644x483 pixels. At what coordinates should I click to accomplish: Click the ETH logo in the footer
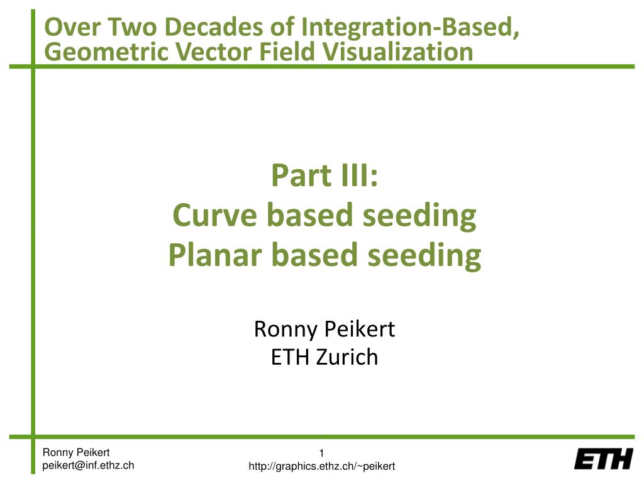point(603,459)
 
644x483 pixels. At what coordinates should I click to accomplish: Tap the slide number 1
point(321,454)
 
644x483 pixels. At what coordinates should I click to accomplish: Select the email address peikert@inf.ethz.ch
point(88,465)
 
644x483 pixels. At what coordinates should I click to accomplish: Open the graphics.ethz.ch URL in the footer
point(321,466)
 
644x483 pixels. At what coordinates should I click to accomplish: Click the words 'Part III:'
point(324,175)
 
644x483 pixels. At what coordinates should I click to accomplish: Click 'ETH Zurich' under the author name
point(324,357)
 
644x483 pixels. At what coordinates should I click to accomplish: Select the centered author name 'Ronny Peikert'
point(324,329)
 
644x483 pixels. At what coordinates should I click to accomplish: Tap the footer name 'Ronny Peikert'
point(75,452)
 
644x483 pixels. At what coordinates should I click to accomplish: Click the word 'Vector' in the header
point(206,52)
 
